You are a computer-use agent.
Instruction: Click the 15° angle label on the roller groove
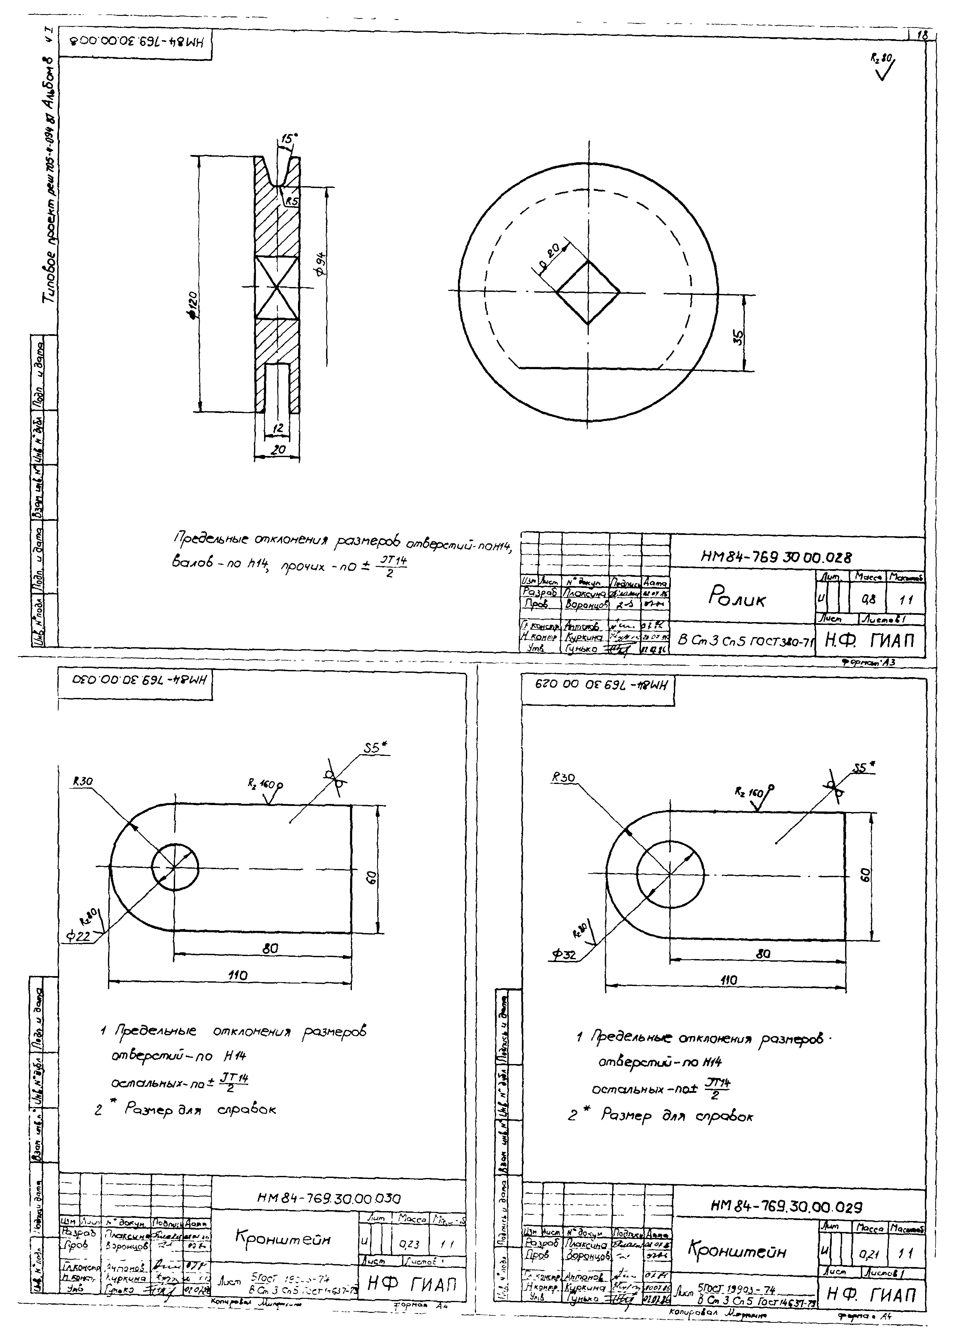288,139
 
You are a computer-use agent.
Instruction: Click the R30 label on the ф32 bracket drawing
563,778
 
